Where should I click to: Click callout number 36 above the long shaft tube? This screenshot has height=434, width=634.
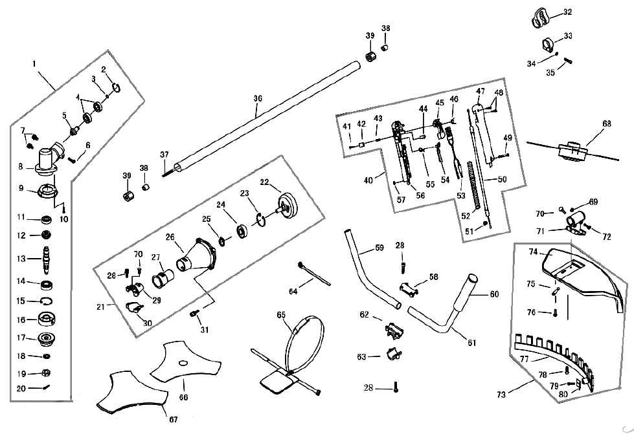[x=258, y=98]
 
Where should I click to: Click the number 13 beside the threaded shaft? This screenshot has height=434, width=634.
[x=21, y=259]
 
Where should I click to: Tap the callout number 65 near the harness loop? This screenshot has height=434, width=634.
[x=280, y=315]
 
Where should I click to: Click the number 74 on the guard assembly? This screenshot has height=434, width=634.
[x=534, y=252]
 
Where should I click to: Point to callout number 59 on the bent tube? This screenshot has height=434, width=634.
[x=379, y=247]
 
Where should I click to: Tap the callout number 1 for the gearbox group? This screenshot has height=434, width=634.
[x=34, y=64]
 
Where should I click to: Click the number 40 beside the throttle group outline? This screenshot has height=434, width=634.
[x=368, y=180]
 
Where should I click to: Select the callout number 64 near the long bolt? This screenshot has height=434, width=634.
[x=294, y=292]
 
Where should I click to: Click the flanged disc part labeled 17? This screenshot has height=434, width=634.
[x=46, y=338]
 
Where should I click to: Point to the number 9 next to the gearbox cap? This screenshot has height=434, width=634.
[x=21, y=189]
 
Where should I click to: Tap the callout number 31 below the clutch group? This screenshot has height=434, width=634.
[x=205, y=330]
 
